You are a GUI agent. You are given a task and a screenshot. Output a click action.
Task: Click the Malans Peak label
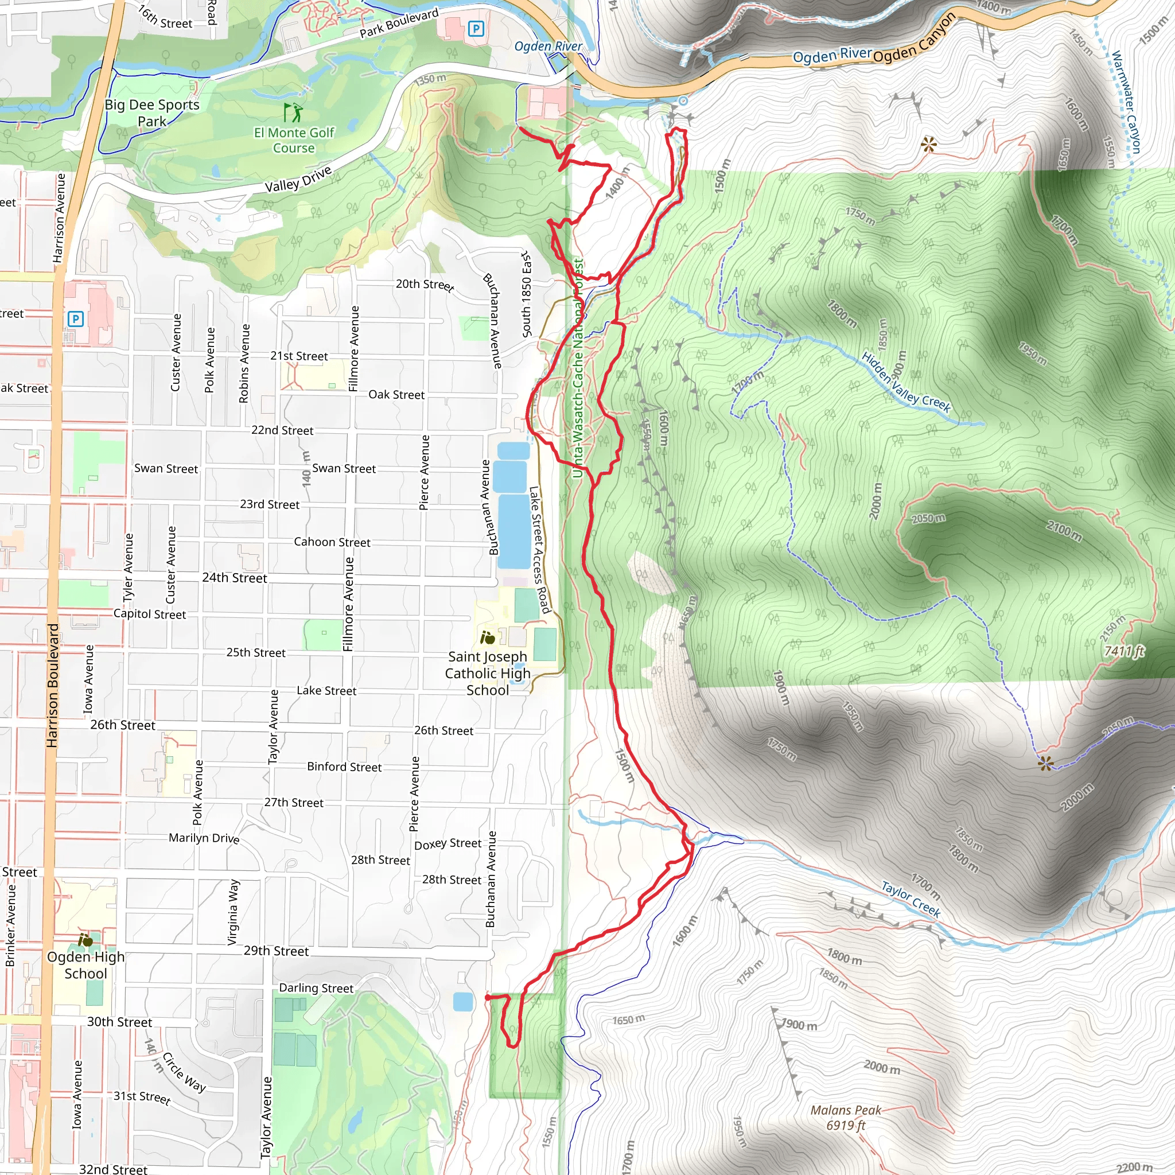pos(845,1117)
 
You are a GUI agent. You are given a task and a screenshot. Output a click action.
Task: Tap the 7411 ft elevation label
pos(1124,651)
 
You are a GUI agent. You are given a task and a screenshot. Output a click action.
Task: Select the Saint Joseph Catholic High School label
pos(488,673)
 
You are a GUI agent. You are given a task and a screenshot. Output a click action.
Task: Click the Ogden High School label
pos(85,965)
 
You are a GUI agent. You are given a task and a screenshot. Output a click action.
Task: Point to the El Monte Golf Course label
pos(294,140)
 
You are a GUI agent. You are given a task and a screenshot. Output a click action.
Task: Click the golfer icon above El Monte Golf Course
pos(293,112)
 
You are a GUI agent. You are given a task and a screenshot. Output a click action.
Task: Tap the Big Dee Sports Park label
pos(152,112)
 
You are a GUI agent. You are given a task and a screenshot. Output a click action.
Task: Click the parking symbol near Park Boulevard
pos(476,29)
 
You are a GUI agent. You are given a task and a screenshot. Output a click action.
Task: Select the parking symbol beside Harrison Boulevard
pos(75,318)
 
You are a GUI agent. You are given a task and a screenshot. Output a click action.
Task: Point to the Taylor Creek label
pos(911,899)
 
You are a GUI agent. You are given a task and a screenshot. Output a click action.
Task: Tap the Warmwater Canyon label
pos(1126,102)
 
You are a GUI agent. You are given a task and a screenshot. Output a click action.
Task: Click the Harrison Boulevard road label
pos(52,685)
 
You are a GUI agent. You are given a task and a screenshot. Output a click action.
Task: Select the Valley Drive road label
pos(298,179)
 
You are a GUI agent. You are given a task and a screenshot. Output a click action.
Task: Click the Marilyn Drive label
pos(204,838)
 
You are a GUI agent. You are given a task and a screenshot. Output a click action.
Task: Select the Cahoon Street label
pos(332,542)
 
